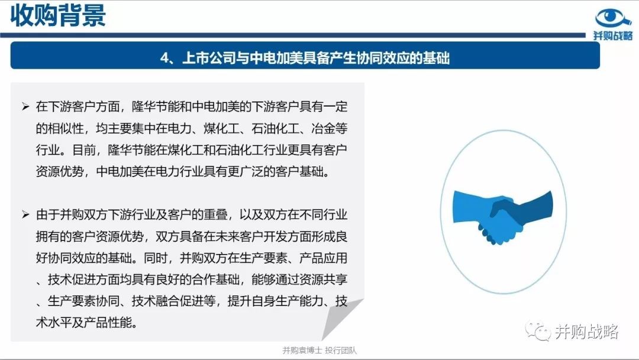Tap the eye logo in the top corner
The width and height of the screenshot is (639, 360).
(x=613, y=18)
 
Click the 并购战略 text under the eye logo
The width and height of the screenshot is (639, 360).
(x=613, y=36)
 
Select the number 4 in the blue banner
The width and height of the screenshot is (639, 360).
(x=164, y=58)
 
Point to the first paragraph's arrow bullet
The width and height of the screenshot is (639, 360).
(x=25, y=107)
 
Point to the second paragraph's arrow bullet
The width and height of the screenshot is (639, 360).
(x=25, y=214)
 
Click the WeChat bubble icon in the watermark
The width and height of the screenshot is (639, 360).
(x=538, y=331)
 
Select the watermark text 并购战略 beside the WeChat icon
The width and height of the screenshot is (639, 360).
(x=587, y=332)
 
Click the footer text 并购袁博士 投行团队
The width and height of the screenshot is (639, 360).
(x=319, y=350)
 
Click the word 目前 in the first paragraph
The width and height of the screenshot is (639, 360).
(x=85, y=150)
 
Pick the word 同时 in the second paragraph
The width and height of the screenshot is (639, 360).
(x=156, y=258)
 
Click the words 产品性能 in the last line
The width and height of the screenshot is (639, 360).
(x=108, y=323)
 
